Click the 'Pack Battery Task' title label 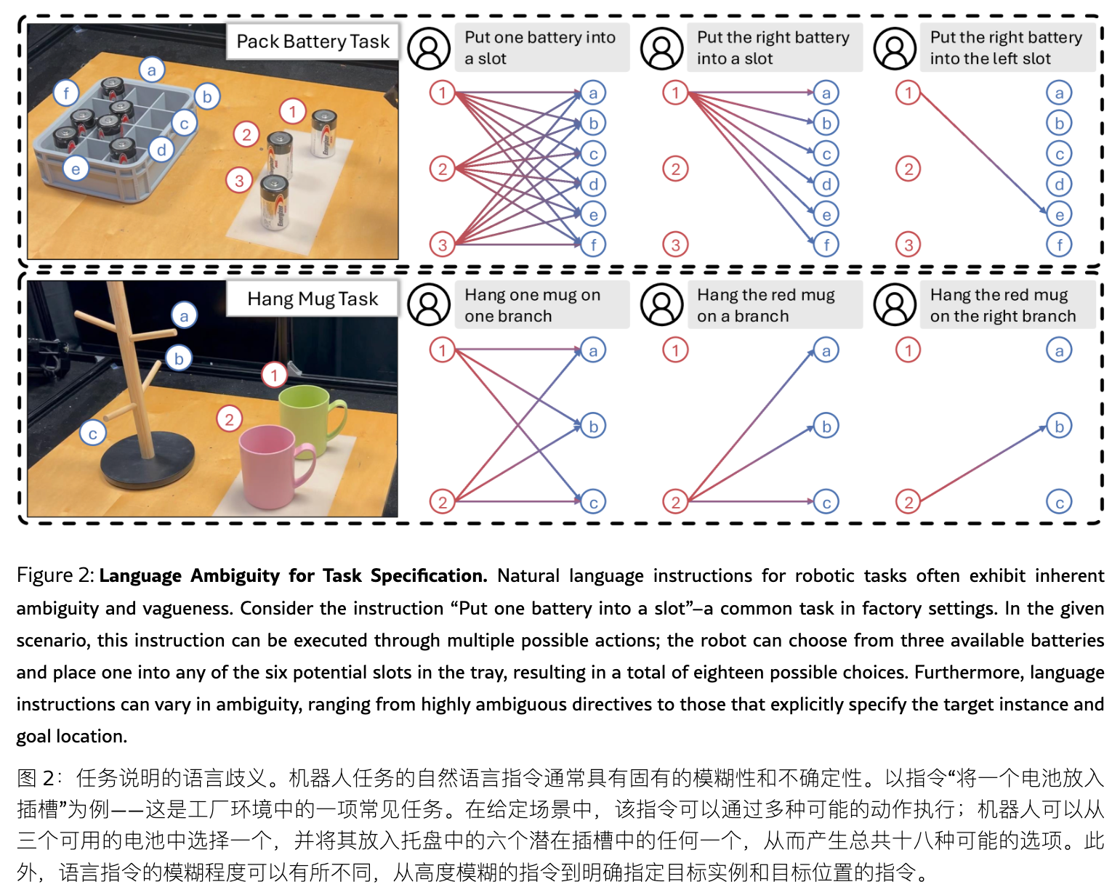[x=313, y=41]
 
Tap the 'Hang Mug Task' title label [x=313, y=299]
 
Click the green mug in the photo [x=308, y=414]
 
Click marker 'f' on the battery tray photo [x=66, y=93]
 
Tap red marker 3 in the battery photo [x=239, y=181]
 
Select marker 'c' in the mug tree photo [x=93, y=434]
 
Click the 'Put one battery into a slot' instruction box [x=541, y=48]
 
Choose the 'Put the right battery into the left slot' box [x=1007, y=48]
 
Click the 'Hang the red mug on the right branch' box [x=1007, y=305]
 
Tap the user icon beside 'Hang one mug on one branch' [x=429, y=305]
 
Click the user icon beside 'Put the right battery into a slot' [x=661, y=49]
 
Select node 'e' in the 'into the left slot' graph [x=1059, y=214]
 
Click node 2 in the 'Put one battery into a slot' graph [x=442, y=169]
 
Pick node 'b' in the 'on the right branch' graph [x=1059, y=426]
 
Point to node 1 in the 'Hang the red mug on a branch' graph [x=675, y=350]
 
